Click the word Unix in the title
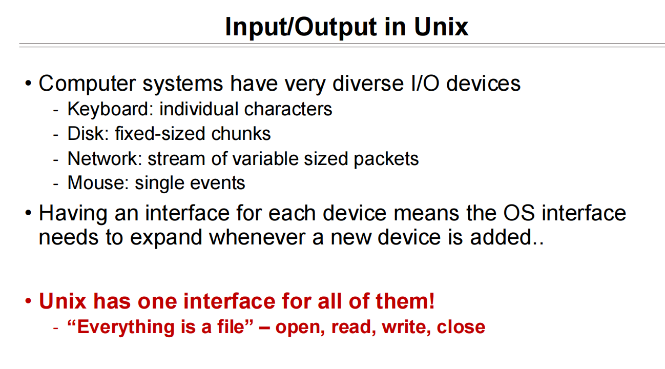coord(441,27)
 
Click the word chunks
coord(241,134)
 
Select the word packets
coord(386,159)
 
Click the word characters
coord(288,109)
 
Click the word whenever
coord(257,237)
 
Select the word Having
coord(73,214)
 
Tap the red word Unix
coord(63,301)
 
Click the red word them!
coord(405,301)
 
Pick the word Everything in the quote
coord(126,327)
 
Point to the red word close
coord(461,327)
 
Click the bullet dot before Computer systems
coord(28,84)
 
